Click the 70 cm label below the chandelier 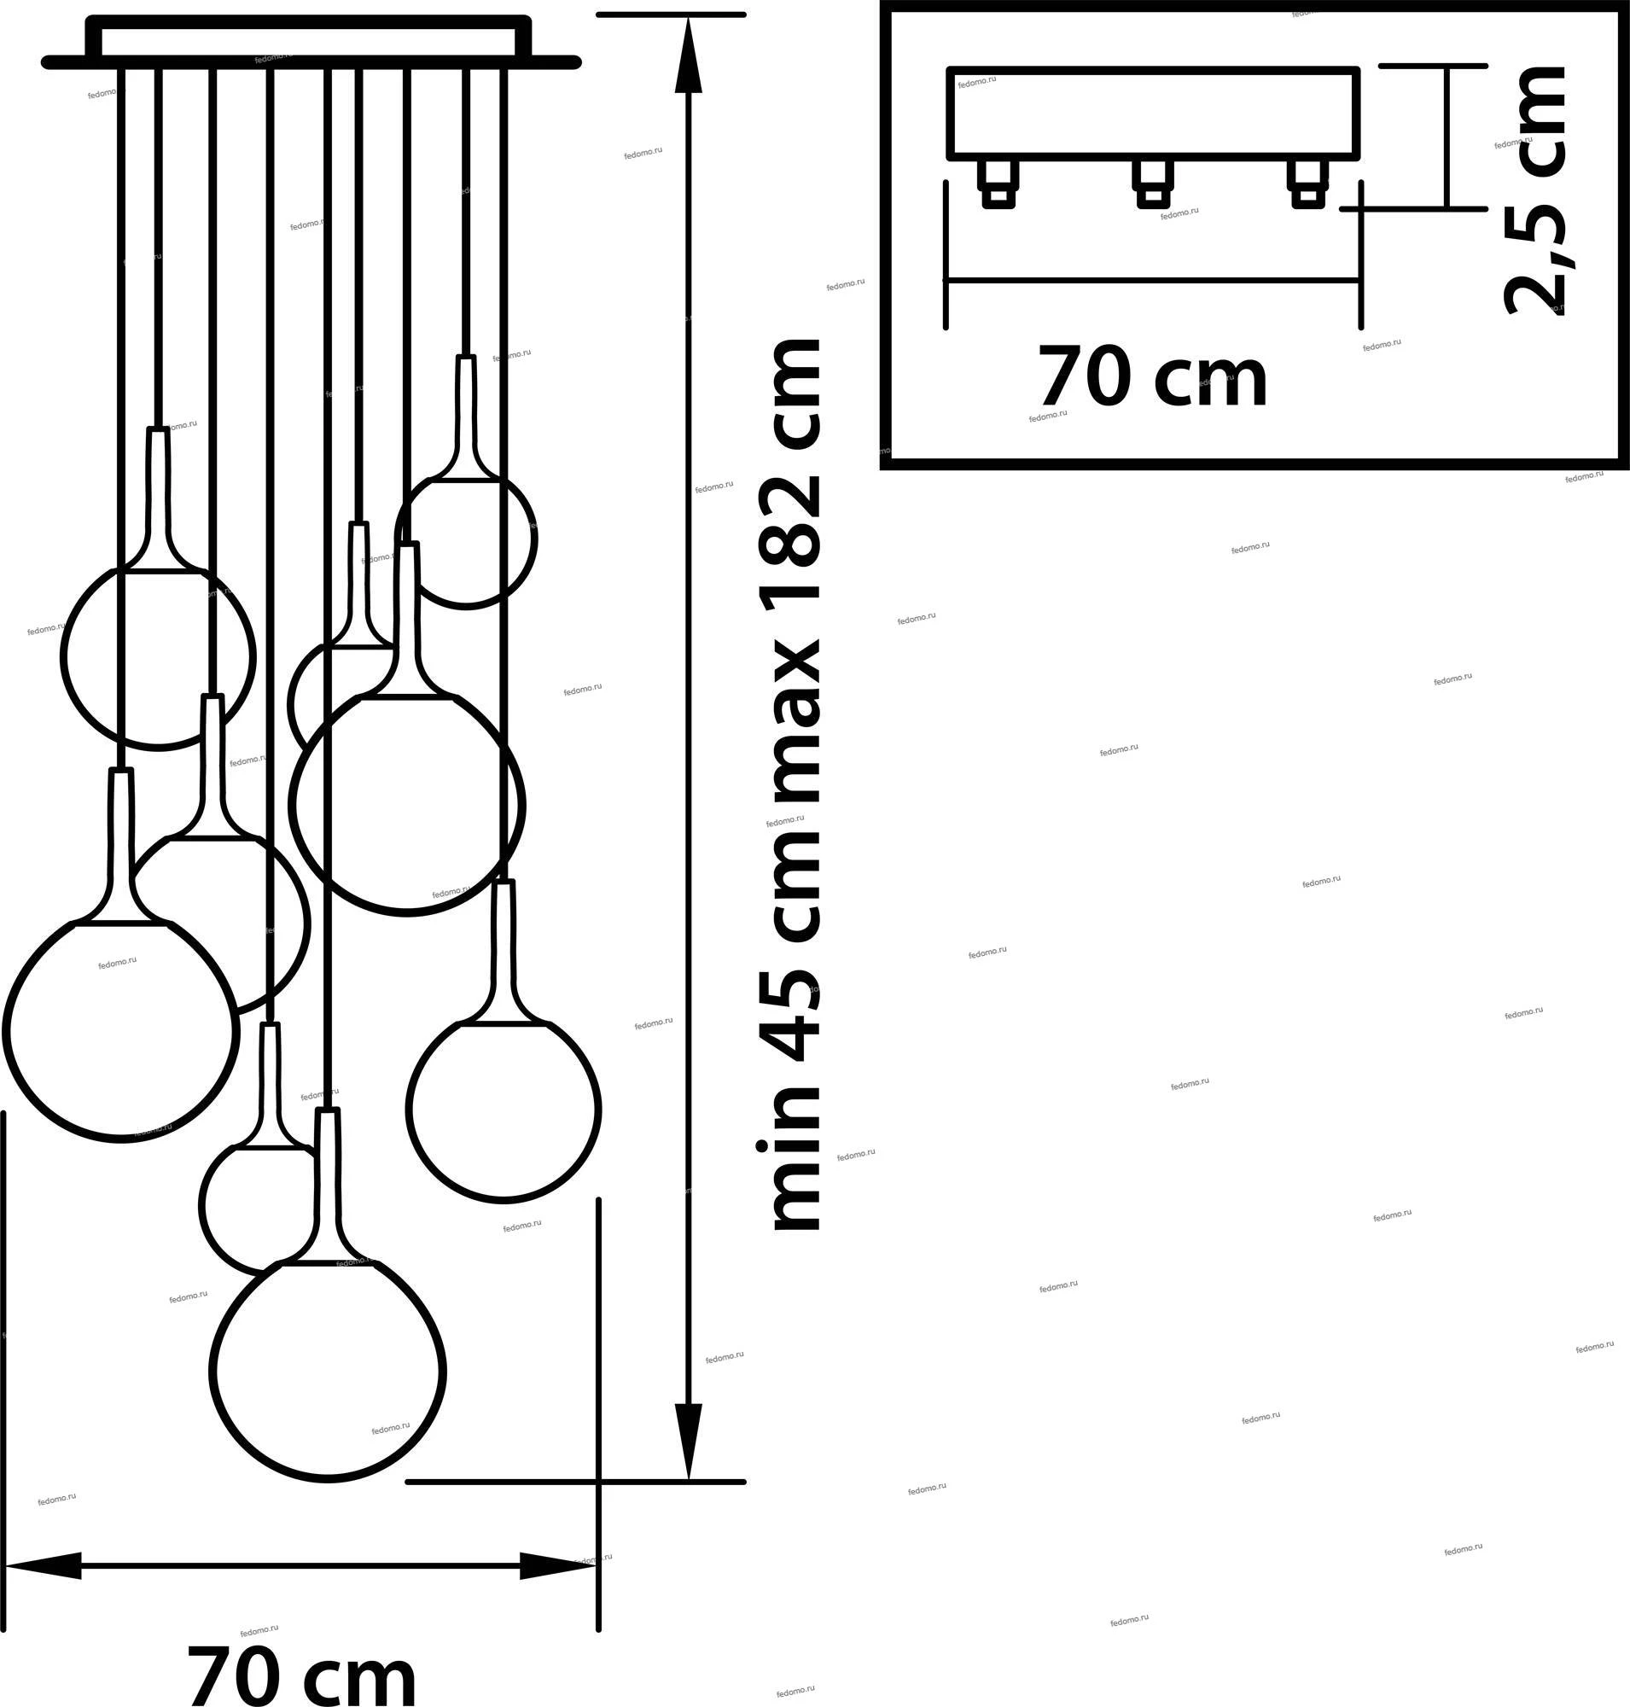[x=301, y=1672]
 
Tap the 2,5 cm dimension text [x=1536, y=191]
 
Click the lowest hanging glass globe [x=329, y=1371]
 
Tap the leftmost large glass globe [x=120, y=1031]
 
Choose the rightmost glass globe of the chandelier [x=504, y=1109]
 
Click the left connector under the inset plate [x=998, y=185]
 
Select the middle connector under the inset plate [x=1153, y=185]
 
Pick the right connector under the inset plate [x=1307, y=185]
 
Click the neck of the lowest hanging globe [x=328, y=1182]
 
